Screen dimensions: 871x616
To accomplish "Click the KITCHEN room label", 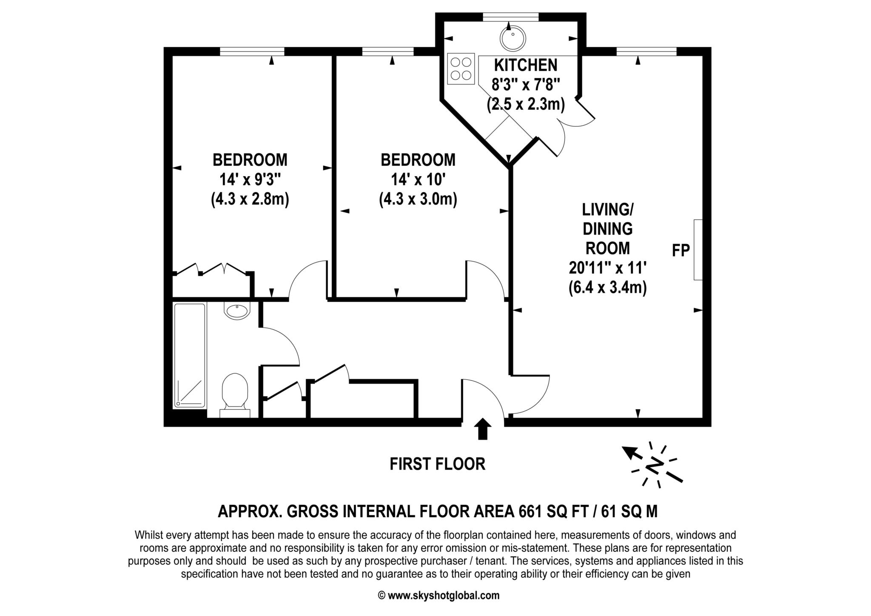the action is tap(526, 65).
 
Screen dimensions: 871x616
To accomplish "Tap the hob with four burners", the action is tap(461, 69).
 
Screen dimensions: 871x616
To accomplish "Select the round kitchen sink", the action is tap(513, 38).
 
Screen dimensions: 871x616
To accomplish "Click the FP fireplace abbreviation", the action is tap(680, 250).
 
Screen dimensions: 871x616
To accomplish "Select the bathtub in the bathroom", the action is tap(190, 356).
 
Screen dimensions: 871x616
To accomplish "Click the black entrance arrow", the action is tap(482, 428).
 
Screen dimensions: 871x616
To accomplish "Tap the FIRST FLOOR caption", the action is tap(438, 464).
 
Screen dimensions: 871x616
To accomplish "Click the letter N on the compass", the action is tap(655, 465).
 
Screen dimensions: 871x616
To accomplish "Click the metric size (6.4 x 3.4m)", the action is tap(608, 288).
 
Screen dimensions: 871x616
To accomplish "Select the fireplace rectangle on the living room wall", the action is tap(698, 250).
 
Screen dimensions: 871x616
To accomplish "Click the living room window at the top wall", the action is tap(646, 51).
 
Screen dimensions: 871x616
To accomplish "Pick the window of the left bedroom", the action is tap(252, 51).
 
